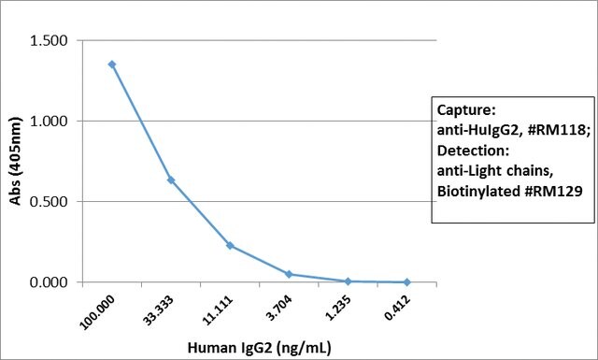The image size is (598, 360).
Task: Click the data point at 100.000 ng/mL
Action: tap(112, 65)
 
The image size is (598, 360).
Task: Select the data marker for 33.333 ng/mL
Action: tap(171, 180)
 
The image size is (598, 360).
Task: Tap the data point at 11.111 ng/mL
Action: tap(230, 246)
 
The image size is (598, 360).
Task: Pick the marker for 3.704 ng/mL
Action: tap(289, 274)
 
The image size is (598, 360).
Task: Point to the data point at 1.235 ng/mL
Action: tap(348, 281)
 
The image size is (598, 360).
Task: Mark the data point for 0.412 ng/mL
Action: tap(407, 282)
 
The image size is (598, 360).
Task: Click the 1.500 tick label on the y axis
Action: tap(49, 40)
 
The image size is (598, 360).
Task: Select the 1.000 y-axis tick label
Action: tap(49, 121)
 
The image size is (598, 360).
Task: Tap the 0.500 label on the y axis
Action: tap(49, 202)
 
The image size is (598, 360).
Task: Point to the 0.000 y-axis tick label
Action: tap(49, 282)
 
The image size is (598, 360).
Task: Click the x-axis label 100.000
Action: tap(97, 312)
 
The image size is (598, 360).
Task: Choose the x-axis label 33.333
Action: tap(158, 310)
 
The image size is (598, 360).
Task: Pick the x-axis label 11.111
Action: tap(217, 310)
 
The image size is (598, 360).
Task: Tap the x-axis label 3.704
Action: tap(279, 308)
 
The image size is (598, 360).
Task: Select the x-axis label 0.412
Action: tap(397, 308)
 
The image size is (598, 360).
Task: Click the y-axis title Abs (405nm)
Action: tap(16, 161)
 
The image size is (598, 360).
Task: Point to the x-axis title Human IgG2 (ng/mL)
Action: tap(260, 348)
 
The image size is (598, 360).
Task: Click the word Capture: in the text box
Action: tap(466, 110)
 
